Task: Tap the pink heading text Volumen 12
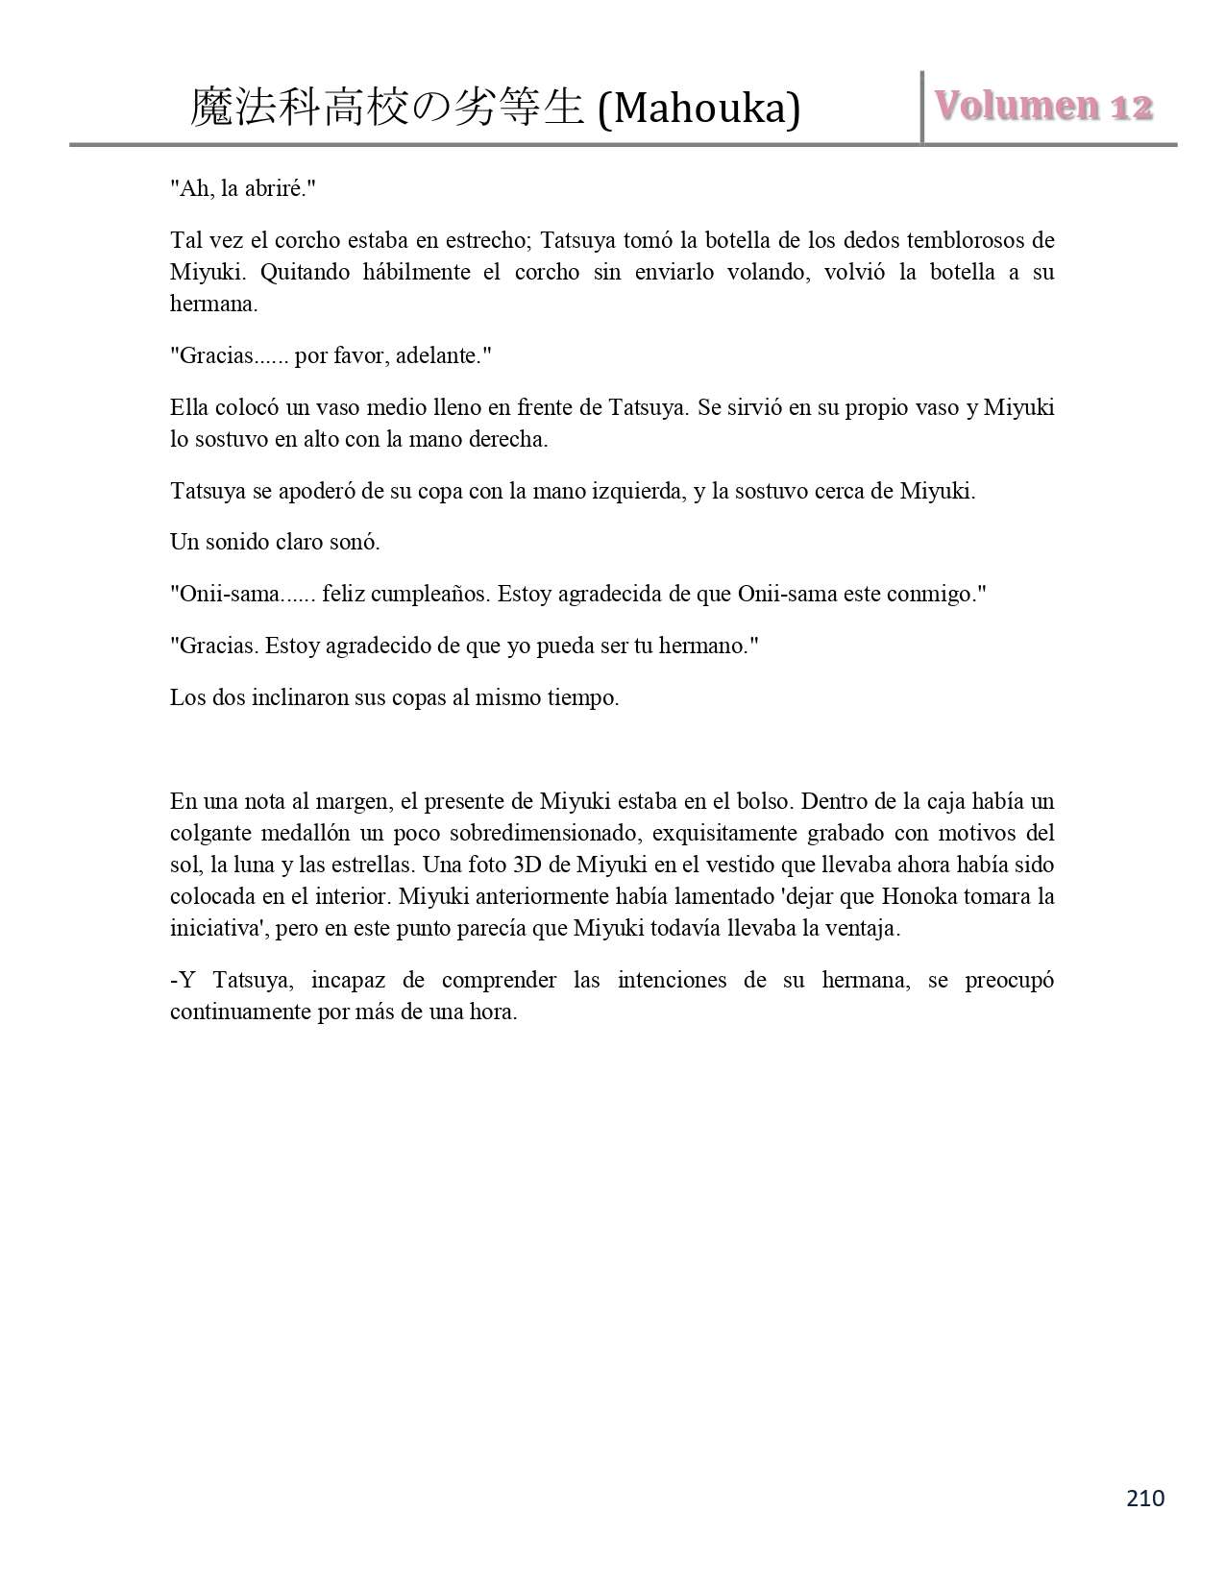pos(1044,106)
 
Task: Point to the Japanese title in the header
pos(387,108)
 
